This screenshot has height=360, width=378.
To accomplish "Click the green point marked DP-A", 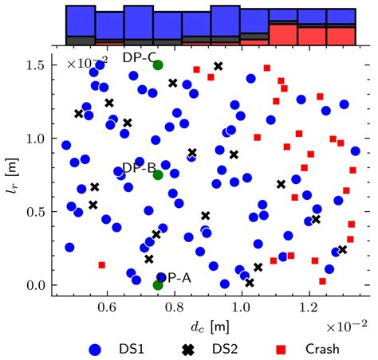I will (x=158, y=284).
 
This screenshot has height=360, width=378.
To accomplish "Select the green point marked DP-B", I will (x=158, y=175).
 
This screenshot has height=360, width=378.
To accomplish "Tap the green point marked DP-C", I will (x=158, y=65).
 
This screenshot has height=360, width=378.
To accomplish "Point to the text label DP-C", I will (x=140, y=57).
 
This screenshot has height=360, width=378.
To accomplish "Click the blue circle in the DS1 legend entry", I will (x=95, y=349).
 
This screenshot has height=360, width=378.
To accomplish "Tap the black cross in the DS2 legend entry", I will (x=189, y=349).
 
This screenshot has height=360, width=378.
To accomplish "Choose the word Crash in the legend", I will (x=321, y=349).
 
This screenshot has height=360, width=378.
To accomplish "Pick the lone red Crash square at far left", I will (x=102, y=264).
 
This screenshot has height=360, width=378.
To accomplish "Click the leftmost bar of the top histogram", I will (x=80, y=25).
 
